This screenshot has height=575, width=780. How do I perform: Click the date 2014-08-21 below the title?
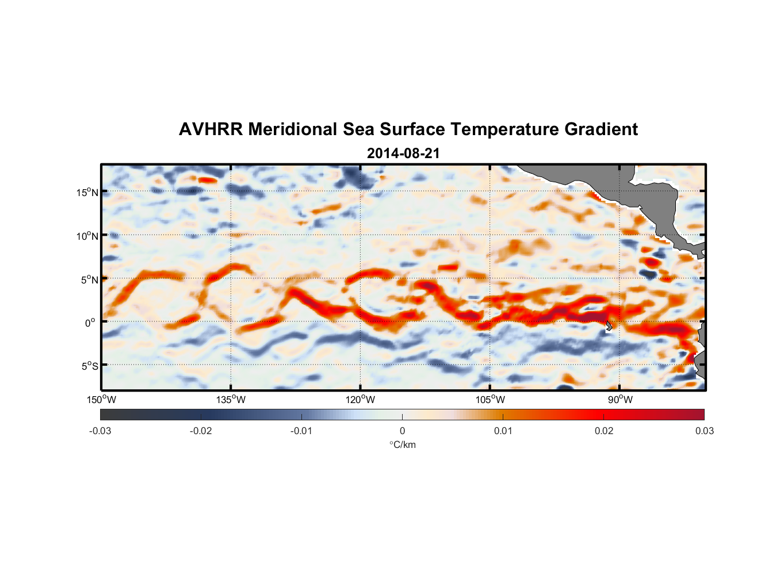(x=403, y=154)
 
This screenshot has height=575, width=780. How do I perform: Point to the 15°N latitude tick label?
(x=87, y=192)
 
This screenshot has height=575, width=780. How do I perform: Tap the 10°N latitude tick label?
(x=87, y=236)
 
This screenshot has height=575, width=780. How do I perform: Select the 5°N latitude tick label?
(x=89, y=279)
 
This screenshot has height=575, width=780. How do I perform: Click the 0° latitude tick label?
(x=90, y=323)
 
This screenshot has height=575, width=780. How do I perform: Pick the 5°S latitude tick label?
(x=89, y=366)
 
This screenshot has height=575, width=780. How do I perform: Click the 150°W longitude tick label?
(x=102, y=400)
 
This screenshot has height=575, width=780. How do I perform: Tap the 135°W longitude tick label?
(x=231, y=400)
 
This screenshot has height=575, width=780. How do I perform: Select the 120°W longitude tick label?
(x=361, y=400)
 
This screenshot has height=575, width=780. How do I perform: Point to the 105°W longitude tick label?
(x=490, y=400)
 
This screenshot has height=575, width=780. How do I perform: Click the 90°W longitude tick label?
(x=620, y=400)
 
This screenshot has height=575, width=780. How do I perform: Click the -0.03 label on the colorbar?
(x=100, y=431)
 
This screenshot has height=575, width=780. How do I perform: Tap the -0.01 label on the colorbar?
(x=301, y=431)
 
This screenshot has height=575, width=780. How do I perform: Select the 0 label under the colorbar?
(x=402, y=431)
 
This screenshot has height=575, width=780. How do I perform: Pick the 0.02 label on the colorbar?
(x=604, y=431)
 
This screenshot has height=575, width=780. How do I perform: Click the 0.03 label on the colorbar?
(x=704, y=431)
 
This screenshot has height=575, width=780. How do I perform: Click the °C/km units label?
(x=402, y=444)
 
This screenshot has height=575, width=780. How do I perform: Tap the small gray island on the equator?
(x=609, y=325)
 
